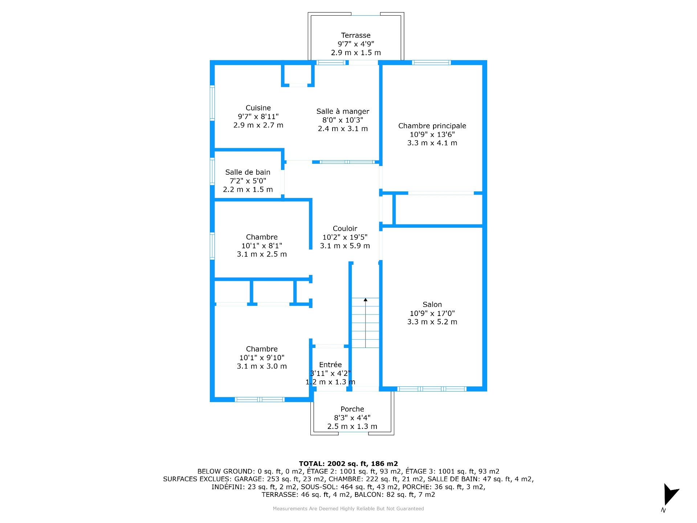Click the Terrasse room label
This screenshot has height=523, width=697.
pos(355,35)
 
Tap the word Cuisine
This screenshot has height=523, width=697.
pos(258,108)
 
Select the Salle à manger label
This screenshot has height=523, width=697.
pos(342,111)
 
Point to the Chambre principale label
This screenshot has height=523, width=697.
pos(432,126)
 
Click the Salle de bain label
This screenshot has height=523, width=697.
pos(248,172)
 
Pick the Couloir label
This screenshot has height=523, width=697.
pos(345,228)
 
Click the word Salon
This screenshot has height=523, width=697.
pos(432,304)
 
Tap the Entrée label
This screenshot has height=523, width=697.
pos(330,365)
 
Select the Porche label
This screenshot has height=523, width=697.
pos(352,409)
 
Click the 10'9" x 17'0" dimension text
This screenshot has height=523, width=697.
pos(432,313)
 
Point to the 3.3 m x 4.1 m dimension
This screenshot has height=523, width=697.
pos(432,143)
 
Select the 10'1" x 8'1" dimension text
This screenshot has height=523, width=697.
pos(262,246)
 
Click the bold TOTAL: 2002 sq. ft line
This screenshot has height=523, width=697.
pos(348,463)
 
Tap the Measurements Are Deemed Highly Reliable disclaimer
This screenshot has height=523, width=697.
pos(348,508)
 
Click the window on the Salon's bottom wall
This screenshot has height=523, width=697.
pos(432,389)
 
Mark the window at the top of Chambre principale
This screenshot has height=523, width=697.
pos(431,62)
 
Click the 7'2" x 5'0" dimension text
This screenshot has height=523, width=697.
pos(248,181)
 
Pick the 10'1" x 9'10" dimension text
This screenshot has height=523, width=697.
pos(262,357)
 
